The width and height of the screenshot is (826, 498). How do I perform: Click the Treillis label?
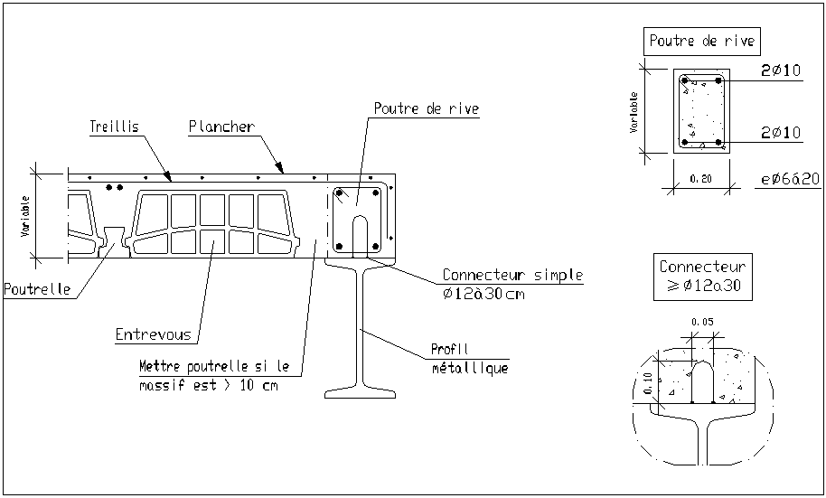114,127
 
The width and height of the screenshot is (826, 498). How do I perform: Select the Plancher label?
221,127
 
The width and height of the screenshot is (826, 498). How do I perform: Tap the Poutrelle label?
36,290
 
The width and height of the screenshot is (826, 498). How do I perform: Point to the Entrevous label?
154,335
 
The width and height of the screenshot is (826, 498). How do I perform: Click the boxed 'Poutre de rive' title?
701,41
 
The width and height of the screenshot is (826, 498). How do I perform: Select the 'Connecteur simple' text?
512,276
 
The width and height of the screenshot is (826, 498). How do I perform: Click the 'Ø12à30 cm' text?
483,294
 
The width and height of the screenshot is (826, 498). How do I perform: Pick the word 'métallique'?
469,368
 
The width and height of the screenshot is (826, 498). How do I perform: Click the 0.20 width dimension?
700,179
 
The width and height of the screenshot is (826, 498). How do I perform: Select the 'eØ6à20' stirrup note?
790,179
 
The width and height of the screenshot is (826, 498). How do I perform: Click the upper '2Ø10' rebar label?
780,71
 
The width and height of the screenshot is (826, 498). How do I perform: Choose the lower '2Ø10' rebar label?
780,133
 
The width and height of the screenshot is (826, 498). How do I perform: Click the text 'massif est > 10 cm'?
209,386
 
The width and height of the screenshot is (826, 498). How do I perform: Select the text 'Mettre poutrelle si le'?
214,367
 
